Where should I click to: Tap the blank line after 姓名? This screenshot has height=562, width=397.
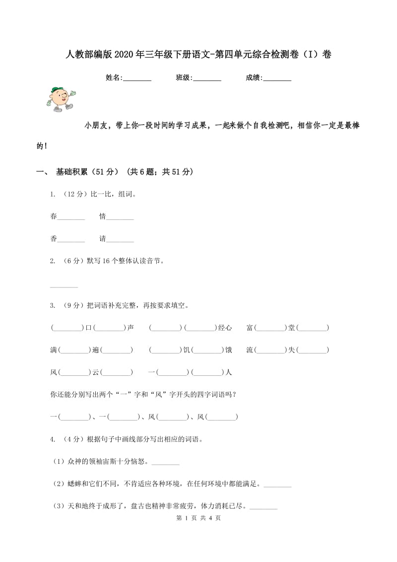(x=137, y=78)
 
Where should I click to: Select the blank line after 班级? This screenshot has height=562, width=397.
(x=207, y=78)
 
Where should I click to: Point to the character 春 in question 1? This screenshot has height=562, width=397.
(x=54, y=216)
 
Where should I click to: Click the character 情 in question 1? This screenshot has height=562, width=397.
(x=103, y=216)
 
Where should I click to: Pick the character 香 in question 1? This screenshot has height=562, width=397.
(x=54, y=239)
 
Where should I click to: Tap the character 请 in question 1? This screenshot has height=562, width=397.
(x=103, y=239)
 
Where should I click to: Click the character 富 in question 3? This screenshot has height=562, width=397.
(x=250, y=328)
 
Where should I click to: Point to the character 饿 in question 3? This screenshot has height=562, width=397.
(x=228, y=350)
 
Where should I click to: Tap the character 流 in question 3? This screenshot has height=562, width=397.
(x=250, y=350)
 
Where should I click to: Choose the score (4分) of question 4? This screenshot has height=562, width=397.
(x=72, y=439)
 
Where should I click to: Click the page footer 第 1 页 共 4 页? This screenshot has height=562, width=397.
(x=198, y=532)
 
